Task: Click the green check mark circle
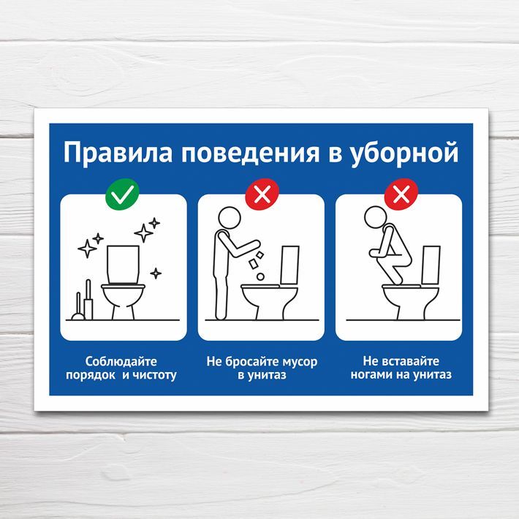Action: (x=122, y=194)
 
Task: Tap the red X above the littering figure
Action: (x=262, y=194)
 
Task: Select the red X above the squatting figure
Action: (x=401, y=194)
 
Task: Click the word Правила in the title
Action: (x=118, y=154)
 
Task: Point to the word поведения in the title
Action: (x=250, y=154)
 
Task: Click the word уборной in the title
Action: (x=404, y=154)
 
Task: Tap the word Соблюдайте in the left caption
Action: (x=121, y=361)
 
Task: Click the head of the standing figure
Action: (x=230, y=217)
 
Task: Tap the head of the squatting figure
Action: (x=375, y=217)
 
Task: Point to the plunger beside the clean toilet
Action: (x=78, y=307)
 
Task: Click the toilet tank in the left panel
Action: (x=123, y=265)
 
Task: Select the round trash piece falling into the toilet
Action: (x=260, y=276)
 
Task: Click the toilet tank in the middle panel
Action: (x=290, y=265)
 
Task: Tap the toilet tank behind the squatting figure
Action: (x=431, y=265)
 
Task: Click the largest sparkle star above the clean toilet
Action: (x=143, y=233)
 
